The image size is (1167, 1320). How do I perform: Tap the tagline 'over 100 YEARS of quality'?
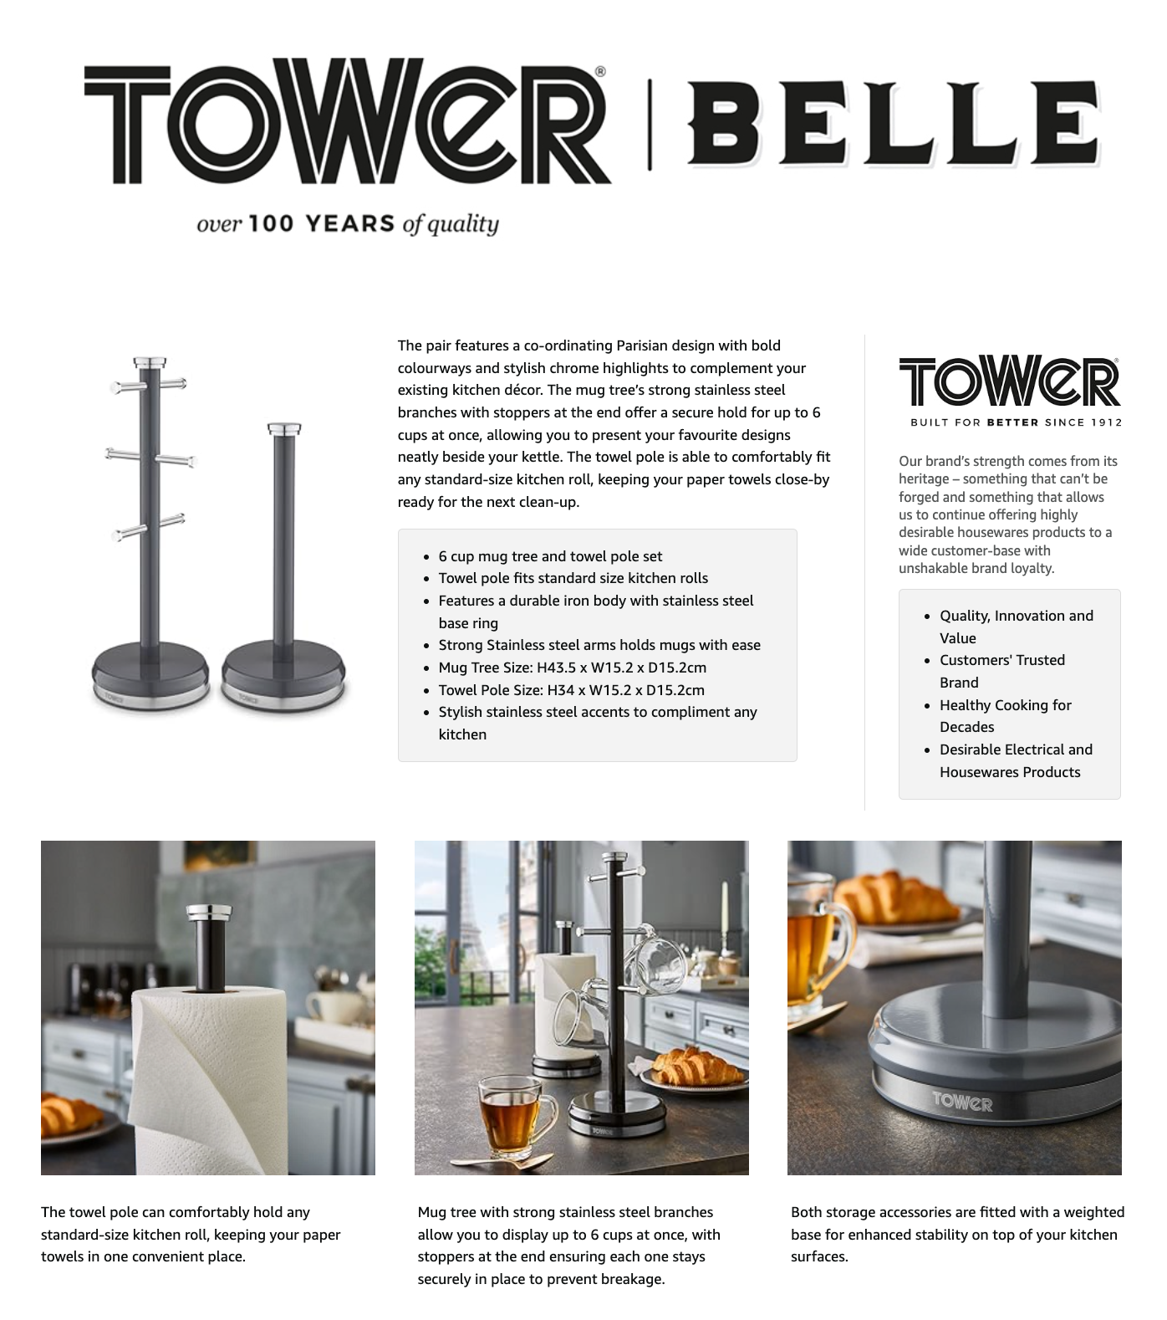pos(347,224)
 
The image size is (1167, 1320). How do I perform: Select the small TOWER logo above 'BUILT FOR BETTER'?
pos(1009,382)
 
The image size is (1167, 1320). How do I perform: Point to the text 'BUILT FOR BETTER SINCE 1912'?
pos(1016,422)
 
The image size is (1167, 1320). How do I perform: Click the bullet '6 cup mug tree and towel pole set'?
pos(550,556)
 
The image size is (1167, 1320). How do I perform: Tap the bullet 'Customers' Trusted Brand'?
pos(1001,671)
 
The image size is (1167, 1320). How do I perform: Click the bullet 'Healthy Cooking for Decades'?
pos(1005,716)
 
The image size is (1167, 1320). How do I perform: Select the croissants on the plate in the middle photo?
pos(695,1067)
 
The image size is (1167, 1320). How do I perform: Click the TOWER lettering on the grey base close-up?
pos(961,1102)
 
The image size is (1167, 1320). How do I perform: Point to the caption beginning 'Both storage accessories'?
pos(956,1234)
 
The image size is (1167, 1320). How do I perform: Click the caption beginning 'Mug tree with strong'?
pos(568,1246)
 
